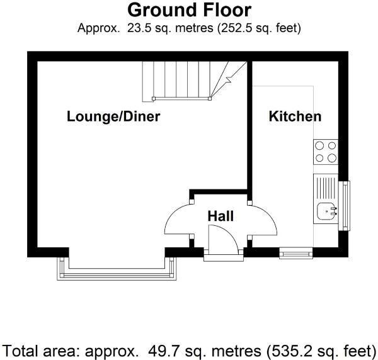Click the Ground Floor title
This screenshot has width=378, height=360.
pyautogui.click(x=189, y=10)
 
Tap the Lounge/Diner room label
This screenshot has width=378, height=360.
pyautogui.click(x=113, y=116)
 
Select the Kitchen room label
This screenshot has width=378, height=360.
pyautogui.click(x=295, y=116)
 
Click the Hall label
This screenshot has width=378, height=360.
pyautogui.click(x=220, y=216)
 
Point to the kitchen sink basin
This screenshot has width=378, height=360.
pyautogui.click(x=327, y=211)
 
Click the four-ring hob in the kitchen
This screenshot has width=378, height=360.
pyautogui.click(x=326, y=152)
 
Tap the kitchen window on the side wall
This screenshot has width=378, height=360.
pyautogui.click(x=344, y=206)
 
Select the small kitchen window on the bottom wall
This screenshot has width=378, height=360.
pyautogui.click(x=296, y=254)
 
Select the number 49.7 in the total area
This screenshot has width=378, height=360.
pyautogui.click(x=160, y=351)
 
